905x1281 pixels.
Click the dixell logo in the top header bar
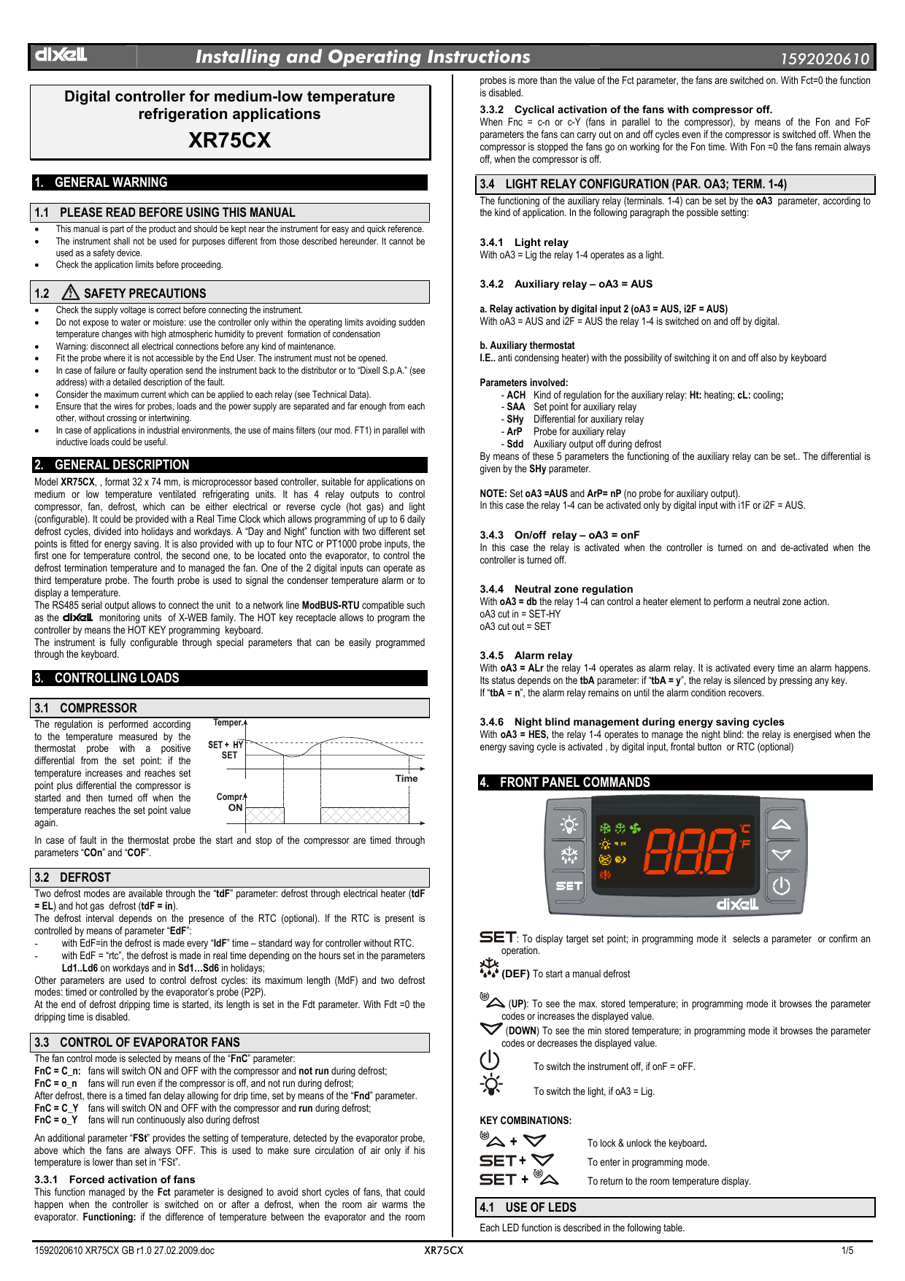point(61,55)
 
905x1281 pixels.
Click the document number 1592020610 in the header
point(825,59)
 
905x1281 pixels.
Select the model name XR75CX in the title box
point(229,140)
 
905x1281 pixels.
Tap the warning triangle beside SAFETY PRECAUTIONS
point(71,293)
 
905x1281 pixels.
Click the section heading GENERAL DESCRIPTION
point(121,465)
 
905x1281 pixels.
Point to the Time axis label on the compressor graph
point(407,779)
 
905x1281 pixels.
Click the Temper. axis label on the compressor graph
point(228,723)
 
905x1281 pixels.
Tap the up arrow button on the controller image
point(781,825)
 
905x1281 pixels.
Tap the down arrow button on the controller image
point(781,855)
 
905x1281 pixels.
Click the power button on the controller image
point(781,886)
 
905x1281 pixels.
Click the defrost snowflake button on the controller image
point(569,855)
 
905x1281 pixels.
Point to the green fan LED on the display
point(636,828)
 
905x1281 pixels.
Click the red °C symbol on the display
point(744,828)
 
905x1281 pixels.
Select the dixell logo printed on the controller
point(737,904)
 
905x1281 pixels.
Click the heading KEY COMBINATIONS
point(525,1120)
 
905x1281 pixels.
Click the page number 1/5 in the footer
point(847,1250)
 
